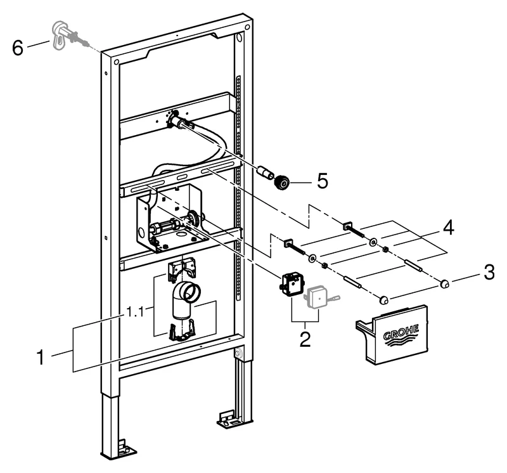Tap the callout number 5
pyautogui.click(x=323, y=181)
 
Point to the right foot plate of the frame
pyautogui.click(x=226, y=418)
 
